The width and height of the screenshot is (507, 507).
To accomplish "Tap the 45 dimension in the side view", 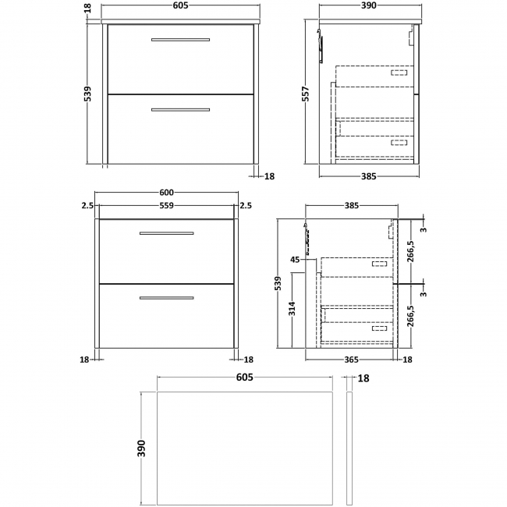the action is tap(296, 259).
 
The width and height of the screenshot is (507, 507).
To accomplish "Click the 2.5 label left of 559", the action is tap(86, 206).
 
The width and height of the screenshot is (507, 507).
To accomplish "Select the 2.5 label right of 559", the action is tap(246, 206).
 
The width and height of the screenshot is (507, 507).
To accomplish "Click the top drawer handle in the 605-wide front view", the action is tap(180, 39).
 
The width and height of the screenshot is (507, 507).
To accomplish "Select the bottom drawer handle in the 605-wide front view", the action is tap(180, 109).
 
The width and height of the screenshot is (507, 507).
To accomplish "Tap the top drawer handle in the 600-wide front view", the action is tap(166, 233).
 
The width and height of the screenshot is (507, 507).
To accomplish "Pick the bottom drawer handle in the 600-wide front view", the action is tap(166, 297).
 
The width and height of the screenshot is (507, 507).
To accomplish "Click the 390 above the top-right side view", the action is tap(368, 5).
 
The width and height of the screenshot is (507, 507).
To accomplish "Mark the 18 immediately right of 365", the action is tap(406, 360).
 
